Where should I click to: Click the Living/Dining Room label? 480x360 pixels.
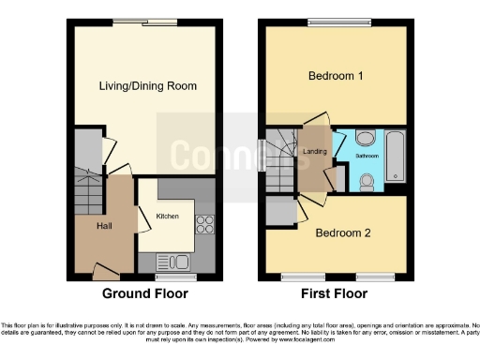tap(148, 86)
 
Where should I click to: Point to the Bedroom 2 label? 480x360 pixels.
tap(342, 232)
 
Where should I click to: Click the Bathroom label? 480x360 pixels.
tap(367, 157)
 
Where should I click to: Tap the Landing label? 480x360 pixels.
tap(313, 151)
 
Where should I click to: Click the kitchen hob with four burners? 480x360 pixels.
tap(203, 225)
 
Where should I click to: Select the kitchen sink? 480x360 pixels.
tap(175, 262)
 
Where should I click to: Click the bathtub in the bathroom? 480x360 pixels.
tap(396, 157)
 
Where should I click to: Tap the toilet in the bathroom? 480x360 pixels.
tap(367, 180)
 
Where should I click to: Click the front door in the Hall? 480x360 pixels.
tap(105, 272)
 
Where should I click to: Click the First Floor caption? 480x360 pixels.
tap(336, 293)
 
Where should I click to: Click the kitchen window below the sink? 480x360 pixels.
tap(175, 277)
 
